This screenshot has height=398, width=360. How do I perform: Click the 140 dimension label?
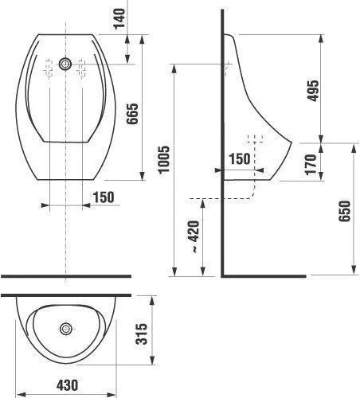pos(119,18)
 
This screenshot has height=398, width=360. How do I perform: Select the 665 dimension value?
pos(132,114)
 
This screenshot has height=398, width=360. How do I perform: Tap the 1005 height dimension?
pos(163,159)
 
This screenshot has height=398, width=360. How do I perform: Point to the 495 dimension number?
pos(312,91)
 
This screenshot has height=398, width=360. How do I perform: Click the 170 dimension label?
pos(311,165)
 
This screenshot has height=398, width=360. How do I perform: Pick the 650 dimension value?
pos(344,211)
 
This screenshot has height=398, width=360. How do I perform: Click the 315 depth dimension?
pos(141,334)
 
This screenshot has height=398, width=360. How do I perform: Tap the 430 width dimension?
pos(67,385)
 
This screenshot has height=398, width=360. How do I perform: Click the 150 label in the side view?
pos(240,158)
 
